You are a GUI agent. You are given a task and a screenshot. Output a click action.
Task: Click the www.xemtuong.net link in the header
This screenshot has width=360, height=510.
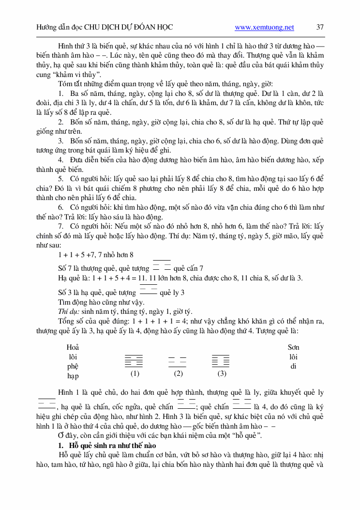[x=264, y=28]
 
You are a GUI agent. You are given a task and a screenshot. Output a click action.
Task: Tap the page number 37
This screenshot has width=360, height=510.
[x=320, y=28]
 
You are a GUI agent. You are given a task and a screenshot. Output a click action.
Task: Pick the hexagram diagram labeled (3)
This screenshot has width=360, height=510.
[x=221, y=361]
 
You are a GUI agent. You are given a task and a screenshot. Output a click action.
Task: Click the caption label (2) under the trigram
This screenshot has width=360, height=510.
[x=178, y=373]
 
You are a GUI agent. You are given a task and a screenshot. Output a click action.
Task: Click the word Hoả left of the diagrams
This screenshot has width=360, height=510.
[x=73, y=347]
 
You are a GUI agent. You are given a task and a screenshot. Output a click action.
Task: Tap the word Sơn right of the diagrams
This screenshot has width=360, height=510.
[x=293, y=347]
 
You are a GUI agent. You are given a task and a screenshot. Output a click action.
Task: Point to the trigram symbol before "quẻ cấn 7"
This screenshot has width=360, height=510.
[x=162, y=265]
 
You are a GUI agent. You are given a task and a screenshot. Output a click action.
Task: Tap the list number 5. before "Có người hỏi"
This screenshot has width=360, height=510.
[x=60, y=179]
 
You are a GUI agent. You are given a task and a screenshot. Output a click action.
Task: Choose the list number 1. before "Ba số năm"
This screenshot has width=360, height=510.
[x=60, y=93]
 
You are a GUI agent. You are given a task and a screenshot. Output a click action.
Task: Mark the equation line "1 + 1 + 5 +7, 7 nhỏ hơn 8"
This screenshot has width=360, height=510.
[x=96, y=254]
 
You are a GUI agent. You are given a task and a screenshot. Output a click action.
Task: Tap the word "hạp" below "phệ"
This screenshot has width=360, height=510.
[x=73, y=376]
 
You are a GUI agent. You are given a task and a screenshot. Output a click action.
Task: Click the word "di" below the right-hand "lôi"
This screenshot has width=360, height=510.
[x=293, y=366]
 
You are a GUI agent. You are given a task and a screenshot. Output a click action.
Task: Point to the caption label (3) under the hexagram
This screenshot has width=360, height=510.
[x=222, y=373]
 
